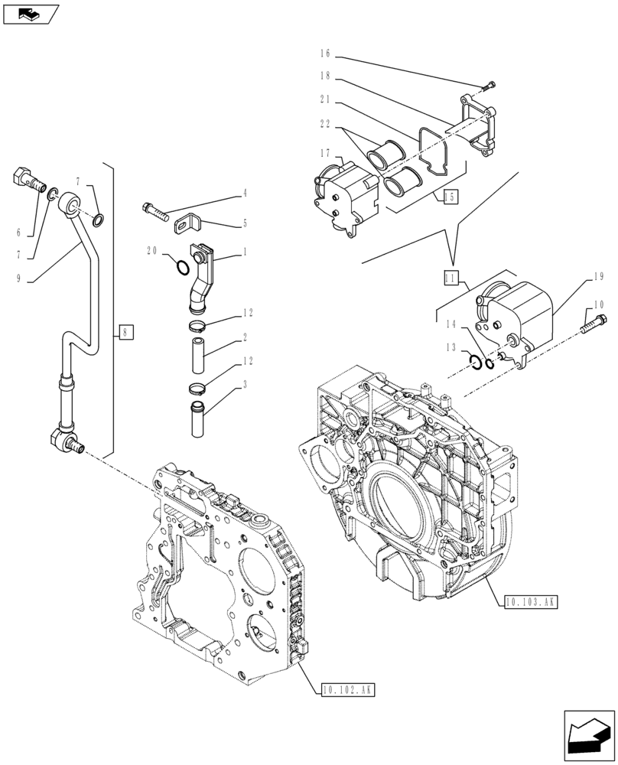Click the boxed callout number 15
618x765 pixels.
[449, 197]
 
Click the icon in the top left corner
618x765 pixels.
[29, 13]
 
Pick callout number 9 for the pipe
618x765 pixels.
[18, 280]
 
